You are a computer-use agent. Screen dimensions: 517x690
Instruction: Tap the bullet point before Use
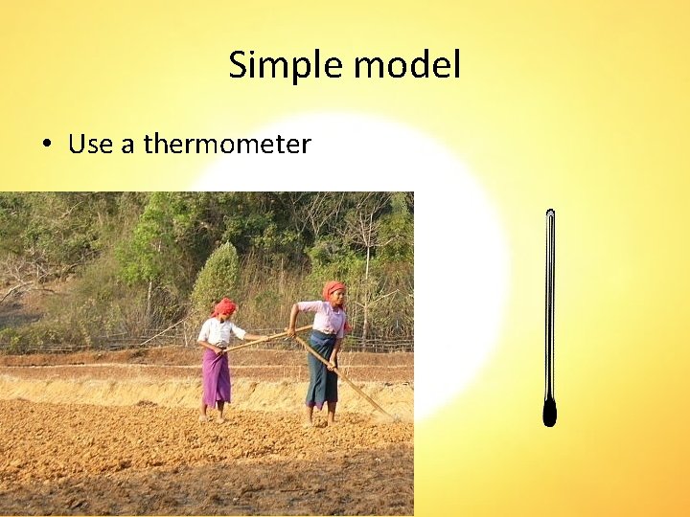[46, 146]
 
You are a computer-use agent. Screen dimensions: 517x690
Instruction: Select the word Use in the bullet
[90, 145]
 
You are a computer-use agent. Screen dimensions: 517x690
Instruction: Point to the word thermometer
[227, 145]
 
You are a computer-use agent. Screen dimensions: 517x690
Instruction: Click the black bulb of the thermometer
[549, 413]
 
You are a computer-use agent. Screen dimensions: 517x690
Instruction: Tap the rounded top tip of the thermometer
[550, 213]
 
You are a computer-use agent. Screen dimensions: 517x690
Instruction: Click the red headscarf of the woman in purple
[223, 306]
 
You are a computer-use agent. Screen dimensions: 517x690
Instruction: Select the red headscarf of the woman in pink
[333, 289]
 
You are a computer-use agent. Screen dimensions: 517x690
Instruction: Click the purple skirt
[216, 376]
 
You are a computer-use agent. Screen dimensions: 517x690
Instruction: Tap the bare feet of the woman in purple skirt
[213, 416]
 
